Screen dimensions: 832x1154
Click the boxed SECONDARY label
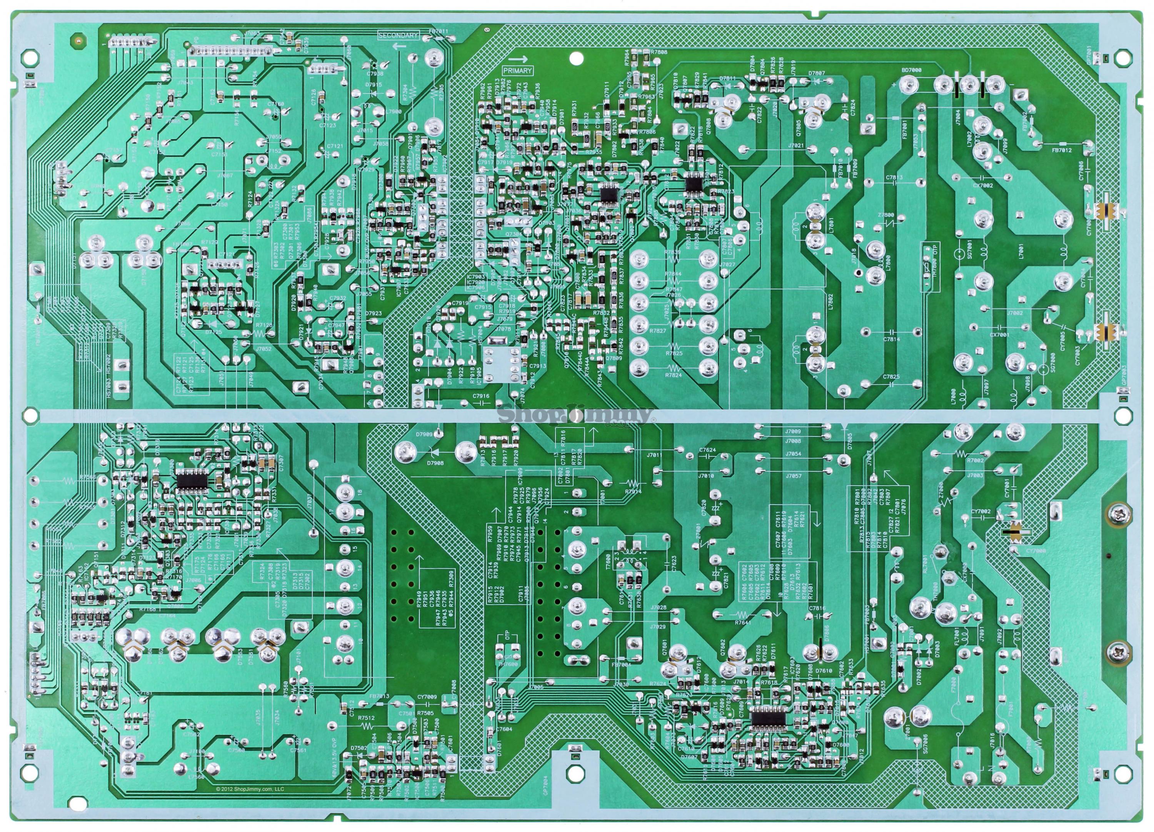pyautogui.click(x=398, y=36)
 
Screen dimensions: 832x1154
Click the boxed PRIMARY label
pyautogui.click(x=517, y=71)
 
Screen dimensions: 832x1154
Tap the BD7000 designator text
pyautogui.click(x=911, y=70)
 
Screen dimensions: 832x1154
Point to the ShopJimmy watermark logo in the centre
pyautogui.click(x=575, y=415)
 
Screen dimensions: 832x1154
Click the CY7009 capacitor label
pyautogui.click(x=427, y=697)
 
